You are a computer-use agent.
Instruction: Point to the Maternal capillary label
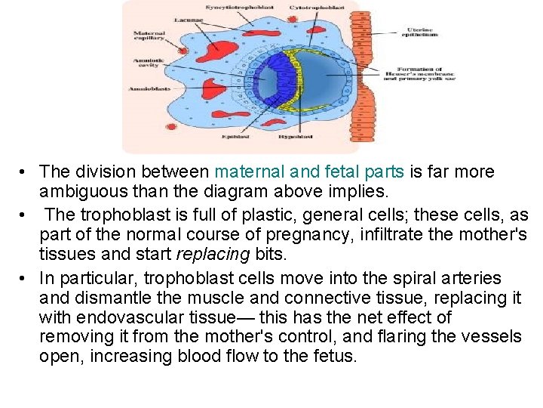coord(149,36)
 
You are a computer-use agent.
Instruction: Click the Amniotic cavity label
coord(146,63)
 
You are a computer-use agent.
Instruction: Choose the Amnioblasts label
coord(149,89)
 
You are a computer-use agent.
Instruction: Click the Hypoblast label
coord(291,138)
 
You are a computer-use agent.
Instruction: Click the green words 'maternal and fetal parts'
coord(310,172)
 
